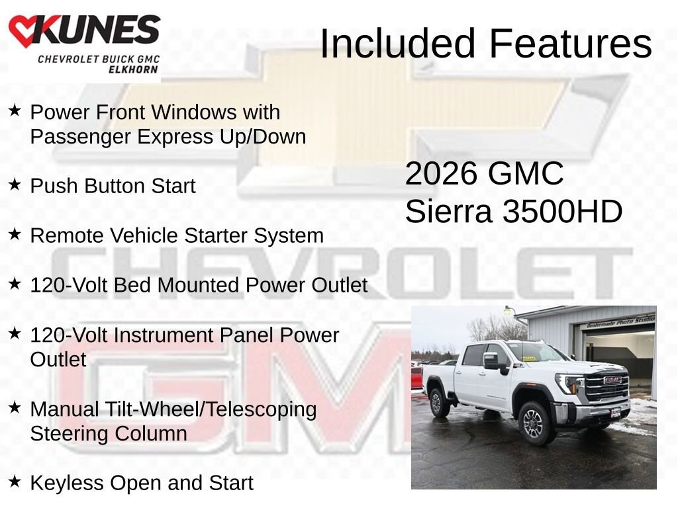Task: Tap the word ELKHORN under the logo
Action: [x=133, y=69]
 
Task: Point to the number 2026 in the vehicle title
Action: [x=441, y=174]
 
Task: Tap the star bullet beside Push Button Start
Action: [x=15, y=185]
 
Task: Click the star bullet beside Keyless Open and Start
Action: [x=15, y=482]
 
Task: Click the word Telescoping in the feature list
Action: [x=261, y=410]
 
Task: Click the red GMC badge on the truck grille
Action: [x=612, y=380]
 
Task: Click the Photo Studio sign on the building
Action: [x=621, y=322]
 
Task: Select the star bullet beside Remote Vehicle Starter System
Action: [x=15, y=234]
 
